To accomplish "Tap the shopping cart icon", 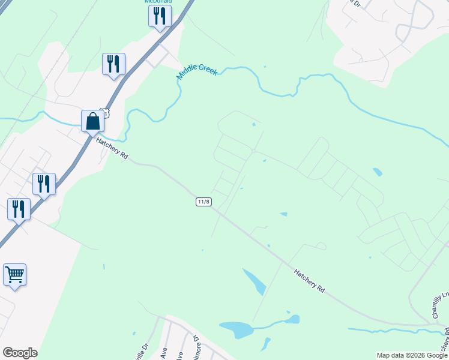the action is coord(14,275).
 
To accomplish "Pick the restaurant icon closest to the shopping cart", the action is coord(19,209).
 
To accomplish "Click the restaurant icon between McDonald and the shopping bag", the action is coord(113,64).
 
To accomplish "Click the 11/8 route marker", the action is coord(203,202).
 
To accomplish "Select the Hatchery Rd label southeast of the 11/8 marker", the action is coord(310,280).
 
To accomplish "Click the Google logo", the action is coord(20,353).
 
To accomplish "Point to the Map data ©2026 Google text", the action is coord(412,355).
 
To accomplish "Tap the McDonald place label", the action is coord(158,2).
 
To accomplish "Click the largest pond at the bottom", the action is coord(237,329).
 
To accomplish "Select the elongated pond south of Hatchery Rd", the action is coord(255,281).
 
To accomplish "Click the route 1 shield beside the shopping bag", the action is coord(106,112).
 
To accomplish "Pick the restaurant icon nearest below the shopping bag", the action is coord(44,184).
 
